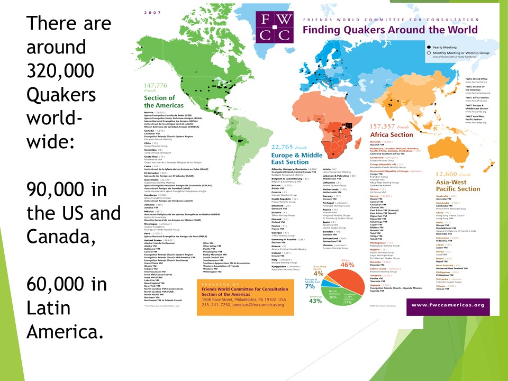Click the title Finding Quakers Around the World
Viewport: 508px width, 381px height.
390,30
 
